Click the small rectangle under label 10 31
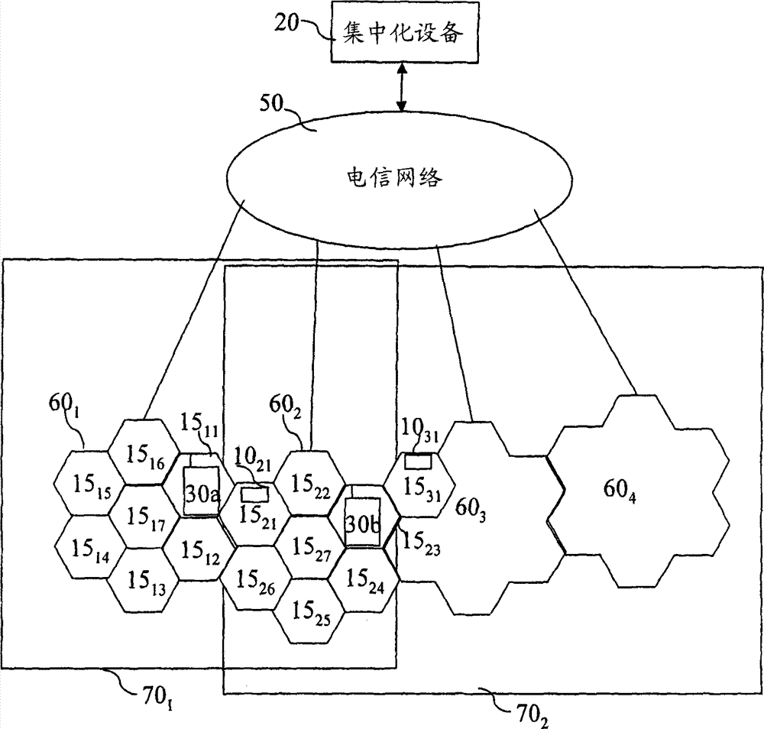tap(418, 462)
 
